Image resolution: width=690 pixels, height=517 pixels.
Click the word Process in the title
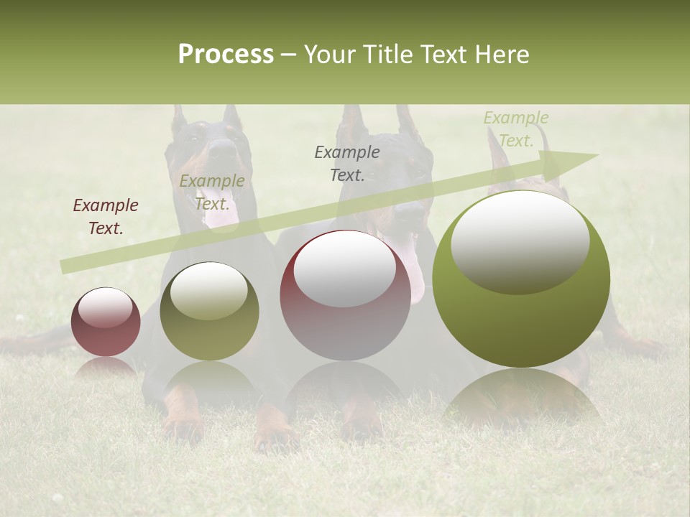tap(226, 55)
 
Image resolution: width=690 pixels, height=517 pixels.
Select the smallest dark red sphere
tap(106, 322)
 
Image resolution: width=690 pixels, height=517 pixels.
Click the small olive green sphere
tap(209, 311)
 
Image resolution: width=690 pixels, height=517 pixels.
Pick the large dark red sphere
tap(346, 295)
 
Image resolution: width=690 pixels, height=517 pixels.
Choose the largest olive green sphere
tap(521, 279)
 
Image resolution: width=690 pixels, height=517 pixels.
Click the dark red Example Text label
tap(106, 217)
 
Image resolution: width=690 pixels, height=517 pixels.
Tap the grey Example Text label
tap(347, 163)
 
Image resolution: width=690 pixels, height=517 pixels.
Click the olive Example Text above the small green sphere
tap(212, 192)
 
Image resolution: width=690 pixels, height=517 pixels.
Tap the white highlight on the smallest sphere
tap(105, 307)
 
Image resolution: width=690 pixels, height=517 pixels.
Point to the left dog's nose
tap(221, 148)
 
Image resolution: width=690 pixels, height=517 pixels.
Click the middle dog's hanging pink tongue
tap(413, 267)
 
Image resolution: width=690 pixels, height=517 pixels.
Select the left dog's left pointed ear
tap(178, 118)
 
